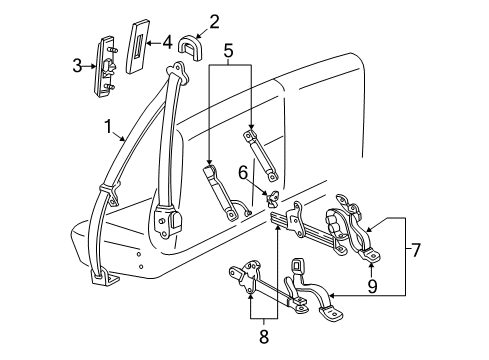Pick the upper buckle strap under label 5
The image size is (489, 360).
[x=255, y=156]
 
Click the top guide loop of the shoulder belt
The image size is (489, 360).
[x=180, y=71]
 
